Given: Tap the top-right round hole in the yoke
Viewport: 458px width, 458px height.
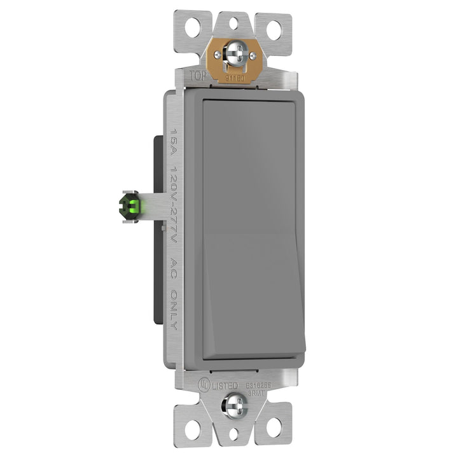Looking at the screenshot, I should point(277,29).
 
